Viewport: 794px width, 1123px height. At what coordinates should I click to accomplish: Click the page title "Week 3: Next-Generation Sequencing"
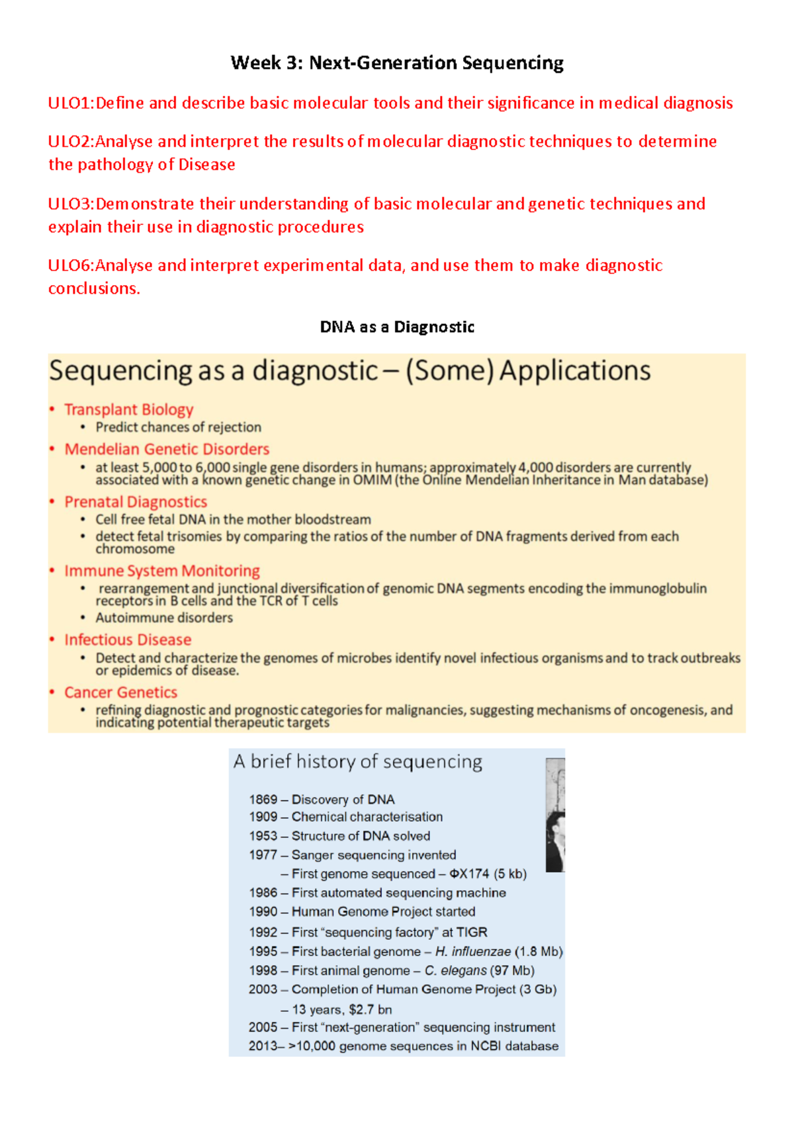(397, 63)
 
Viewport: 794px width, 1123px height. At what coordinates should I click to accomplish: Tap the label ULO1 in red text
(69, 103)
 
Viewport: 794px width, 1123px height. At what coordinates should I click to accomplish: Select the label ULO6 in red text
(69, 265)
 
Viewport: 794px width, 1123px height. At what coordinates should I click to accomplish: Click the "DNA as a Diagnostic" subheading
(397, 327)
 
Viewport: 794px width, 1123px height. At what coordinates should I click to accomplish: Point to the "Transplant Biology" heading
(128, 409)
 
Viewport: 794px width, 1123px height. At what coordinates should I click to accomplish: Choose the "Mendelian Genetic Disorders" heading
(167, 449)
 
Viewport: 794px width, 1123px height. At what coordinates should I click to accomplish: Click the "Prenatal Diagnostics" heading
(136, 502)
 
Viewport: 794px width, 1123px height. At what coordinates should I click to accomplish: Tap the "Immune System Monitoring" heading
(162, 571)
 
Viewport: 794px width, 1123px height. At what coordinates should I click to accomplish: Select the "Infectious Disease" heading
(128, 640)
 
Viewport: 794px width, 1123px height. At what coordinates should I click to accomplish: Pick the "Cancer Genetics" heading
(120, 692)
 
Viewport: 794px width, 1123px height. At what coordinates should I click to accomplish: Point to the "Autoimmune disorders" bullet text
(164, 618)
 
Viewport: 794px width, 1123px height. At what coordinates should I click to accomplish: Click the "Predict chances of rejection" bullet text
(178, 427)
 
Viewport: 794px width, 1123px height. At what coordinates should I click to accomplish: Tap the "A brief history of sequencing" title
(357, 762)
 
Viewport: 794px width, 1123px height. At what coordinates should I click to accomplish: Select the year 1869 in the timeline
(263, 800)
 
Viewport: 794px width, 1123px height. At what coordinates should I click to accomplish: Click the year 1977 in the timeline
(263, 855)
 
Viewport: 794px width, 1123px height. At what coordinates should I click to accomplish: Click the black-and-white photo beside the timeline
(555, 815)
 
